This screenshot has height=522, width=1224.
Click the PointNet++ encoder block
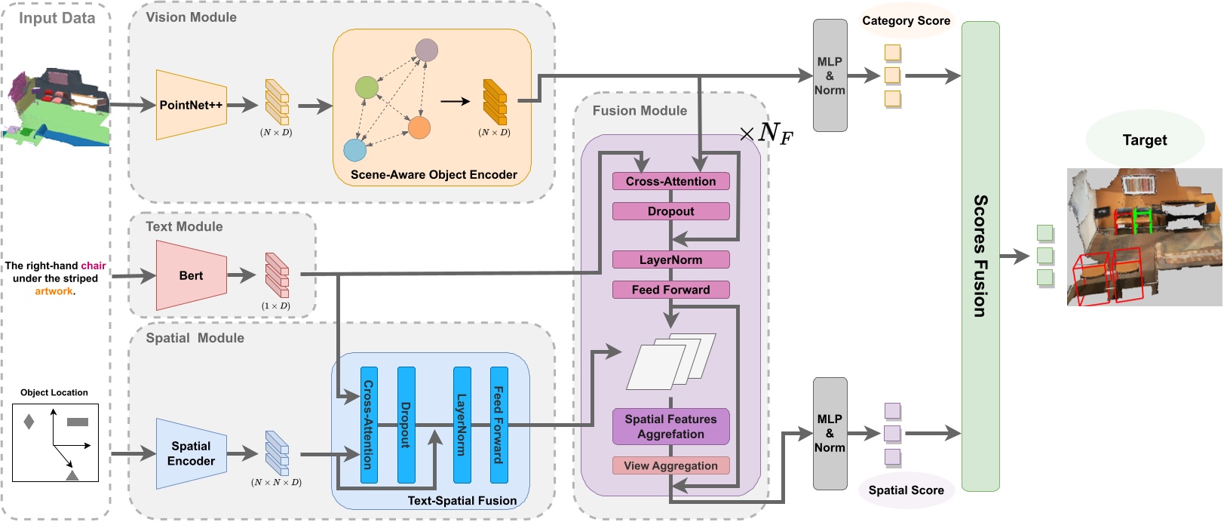[192, 105]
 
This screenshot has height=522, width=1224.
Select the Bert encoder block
[192, 275]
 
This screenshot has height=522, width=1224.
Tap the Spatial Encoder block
[192, 453]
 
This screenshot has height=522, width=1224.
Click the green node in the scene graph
[367, 88]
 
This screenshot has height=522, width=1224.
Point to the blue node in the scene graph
[354, 150]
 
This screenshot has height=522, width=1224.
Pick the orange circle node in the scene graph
[419, 127]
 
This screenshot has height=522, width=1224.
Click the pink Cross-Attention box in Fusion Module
[671, 182]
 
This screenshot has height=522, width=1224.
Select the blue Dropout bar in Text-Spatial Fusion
[406, 425]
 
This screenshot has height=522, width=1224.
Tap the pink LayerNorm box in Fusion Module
[671, 259]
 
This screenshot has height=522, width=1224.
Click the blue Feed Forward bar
[499, 425]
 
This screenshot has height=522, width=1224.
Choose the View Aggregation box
[671, 465]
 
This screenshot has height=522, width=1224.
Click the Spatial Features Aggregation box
[671, 426]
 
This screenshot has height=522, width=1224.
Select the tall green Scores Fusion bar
[981, 256]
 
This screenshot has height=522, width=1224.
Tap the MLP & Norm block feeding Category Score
[830, 75]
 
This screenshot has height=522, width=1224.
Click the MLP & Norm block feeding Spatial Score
[830, 434]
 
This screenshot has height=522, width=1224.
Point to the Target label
[1145, 140]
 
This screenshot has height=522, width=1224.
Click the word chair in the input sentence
[94, 266]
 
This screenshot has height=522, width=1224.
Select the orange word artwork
[54, 291]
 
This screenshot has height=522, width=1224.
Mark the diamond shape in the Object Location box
[29, 422]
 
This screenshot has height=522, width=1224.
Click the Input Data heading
[57, 18]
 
